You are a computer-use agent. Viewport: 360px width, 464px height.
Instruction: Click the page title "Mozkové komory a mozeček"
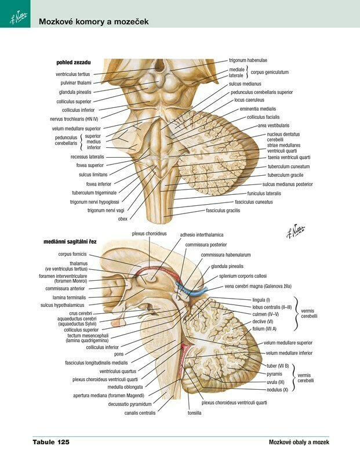pos(94,21)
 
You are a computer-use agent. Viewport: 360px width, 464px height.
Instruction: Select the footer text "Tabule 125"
pos(51,442)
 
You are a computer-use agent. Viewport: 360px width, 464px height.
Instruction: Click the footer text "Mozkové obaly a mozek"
pos(299,443)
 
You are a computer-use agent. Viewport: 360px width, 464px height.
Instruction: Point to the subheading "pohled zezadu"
pos(74,63)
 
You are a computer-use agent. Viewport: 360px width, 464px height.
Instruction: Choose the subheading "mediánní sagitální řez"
pos(70,242)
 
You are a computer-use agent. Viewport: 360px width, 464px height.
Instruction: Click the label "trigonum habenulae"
pos(248,60)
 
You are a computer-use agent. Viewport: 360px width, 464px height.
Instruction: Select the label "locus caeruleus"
pos(249,100)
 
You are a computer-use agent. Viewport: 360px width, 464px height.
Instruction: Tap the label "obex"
pos(122,219)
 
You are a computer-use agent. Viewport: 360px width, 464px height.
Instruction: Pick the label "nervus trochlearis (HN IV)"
pos(74,119)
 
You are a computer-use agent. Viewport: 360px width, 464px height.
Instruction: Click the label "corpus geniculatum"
pos(270,72)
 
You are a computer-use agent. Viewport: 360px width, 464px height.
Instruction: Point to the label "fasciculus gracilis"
pos(223,211)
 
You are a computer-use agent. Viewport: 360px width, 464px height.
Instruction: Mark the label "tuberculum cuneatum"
pos(289,166)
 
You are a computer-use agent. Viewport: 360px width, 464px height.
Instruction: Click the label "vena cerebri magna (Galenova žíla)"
pos(258,286)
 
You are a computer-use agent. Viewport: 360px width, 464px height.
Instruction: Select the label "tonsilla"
pos(194,413)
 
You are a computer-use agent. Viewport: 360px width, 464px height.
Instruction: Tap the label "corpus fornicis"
pos(72,254)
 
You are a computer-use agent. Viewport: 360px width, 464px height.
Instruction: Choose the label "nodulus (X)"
pos(277,390)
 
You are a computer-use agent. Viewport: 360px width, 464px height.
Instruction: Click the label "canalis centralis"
pos(140,413)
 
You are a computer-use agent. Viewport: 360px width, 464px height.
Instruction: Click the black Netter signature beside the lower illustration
pos(295,231)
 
